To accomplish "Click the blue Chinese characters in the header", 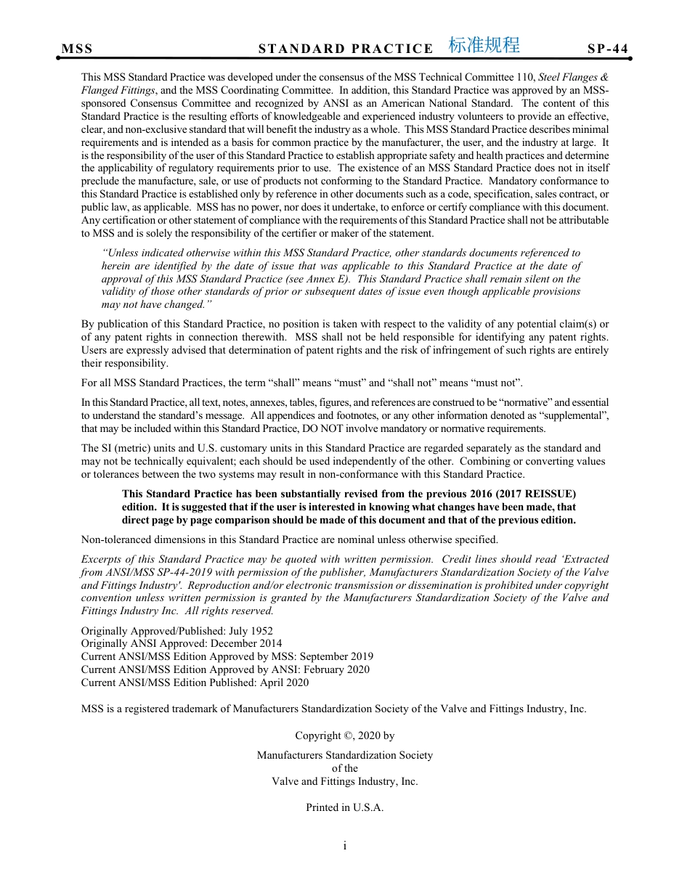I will pyautogui.click(x=484, y=45).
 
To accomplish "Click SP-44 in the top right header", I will pyautogui.click(x=607, y=49).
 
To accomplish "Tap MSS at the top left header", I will pyautogui.click(x=77, y=49).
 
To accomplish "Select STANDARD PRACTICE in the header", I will pyautogui.click(x=346, y=49).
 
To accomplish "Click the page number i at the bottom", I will pyautogui.click(x=345, y=846).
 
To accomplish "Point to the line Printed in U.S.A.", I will pyautogui.click(x=345, y=807).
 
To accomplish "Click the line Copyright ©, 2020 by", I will pyautogui.click(x=345, y=735).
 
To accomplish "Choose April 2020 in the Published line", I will pyautogui.click(x=283, y=682).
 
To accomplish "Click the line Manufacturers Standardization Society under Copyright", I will pyautogui.click(x=345, y=755).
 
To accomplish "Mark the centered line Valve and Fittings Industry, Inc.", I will pyautogui.click(x=345, y=781).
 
